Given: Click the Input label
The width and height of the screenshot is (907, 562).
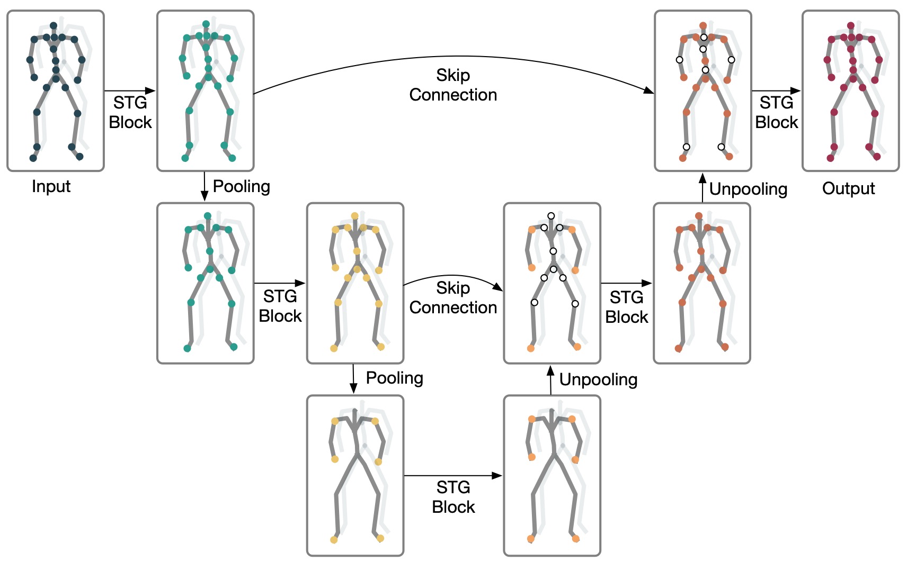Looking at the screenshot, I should point(51,186).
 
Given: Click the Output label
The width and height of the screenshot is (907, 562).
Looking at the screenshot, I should point(848,188).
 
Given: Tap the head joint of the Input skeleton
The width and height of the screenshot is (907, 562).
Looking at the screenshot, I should point(54,25).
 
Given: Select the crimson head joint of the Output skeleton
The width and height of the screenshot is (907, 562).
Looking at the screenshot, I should point(850,25).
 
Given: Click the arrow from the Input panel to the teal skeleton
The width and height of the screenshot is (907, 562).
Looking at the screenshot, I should point(130,91).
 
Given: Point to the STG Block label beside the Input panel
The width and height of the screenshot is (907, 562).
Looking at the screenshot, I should point(130,112).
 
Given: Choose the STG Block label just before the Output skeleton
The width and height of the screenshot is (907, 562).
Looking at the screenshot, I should point(776,112).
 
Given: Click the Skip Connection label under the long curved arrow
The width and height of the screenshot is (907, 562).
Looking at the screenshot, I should point(453,85).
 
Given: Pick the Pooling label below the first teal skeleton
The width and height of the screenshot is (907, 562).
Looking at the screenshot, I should point(241,186).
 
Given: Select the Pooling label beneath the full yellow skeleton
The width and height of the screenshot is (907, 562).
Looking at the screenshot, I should point(394,378).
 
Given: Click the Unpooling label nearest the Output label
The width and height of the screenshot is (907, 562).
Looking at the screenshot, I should point(748,189).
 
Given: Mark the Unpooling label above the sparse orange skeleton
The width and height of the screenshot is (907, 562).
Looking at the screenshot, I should point(598,379).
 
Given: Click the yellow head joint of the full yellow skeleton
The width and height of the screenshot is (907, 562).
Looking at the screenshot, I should point(354,216).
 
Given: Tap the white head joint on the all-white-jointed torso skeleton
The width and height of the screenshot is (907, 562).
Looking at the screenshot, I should point(551,216).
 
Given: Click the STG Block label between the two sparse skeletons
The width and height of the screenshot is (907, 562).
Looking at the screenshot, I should point(453,497).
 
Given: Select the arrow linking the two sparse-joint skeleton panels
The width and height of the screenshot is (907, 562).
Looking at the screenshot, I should point(453,476).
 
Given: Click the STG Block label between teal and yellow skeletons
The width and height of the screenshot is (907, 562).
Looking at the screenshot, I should point(280,306).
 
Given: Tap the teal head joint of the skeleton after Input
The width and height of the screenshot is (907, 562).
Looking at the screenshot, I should point(206,24).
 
